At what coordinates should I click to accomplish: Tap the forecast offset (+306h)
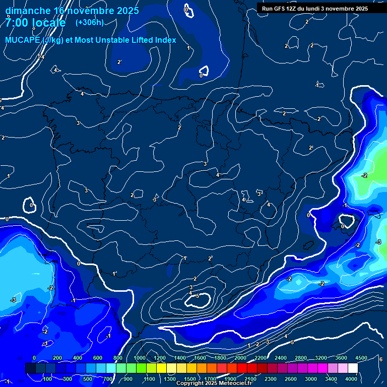tap(89, 22)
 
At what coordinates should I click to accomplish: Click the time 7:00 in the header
tap(17, 23)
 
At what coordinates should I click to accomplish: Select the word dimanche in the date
tap(27, 10)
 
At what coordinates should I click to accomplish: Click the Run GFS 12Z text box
tap(314, 9)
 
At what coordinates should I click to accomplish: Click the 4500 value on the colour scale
tap(361, 358)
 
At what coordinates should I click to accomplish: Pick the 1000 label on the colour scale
tap(140, 358)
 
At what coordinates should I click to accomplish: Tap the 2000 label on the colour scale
tap(240, 358)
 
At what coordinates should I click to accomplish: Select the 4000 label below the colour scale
tap(351, 379)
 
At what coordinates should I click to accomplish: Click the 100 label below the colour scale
tap(48, 379)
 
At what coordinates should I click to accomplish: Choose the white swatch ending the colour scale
tap(353, 368)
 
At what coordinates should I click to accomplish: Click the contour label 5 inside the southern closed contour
tap(198, 296)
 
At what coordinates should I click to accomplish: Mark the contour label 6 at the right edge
tap(381, 359)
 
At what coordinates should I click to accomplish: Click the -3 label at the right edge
tap(378, 242)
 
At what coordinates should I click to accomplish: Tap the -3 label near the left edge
tap(13, 300)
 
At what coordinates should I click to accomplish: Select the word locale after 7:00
tap(48, 23)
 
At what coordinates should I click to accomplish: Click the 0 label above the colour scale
tap(34, 358)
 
